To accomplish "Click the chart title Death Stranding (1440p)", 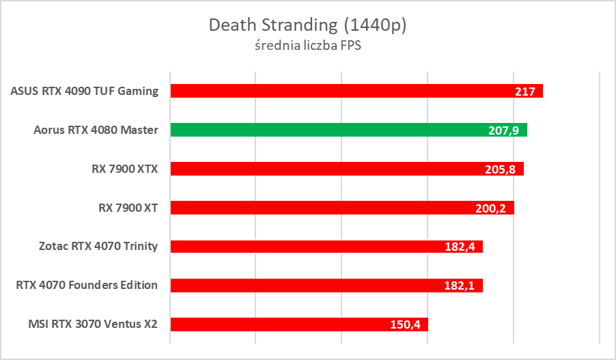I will [307, 25].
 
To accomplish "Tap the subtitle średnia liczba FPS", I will [307, 46].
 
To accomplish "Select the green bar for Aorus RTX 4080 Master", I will [341, 130].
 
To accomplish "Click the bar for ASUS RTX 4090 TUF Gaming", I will [341, 91].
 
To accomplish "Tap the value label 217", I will [525, 91].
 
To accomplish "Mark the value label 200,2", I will [492, 208].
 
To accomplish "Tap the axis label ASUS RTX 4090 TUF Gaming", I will [85, 91].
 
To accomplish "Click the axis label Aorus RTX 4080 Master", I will [96, 130].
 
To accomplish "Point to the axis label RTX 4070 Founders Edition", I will [87, 285].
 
